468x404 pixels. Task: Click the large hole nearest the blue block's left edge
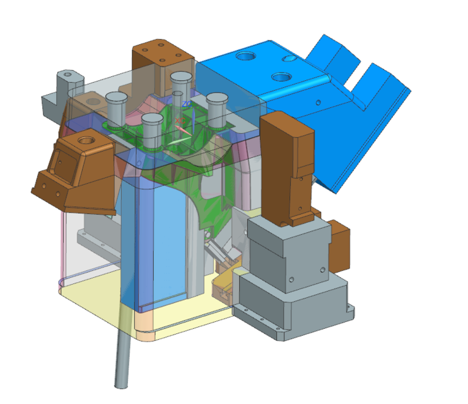pos(244,57)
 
